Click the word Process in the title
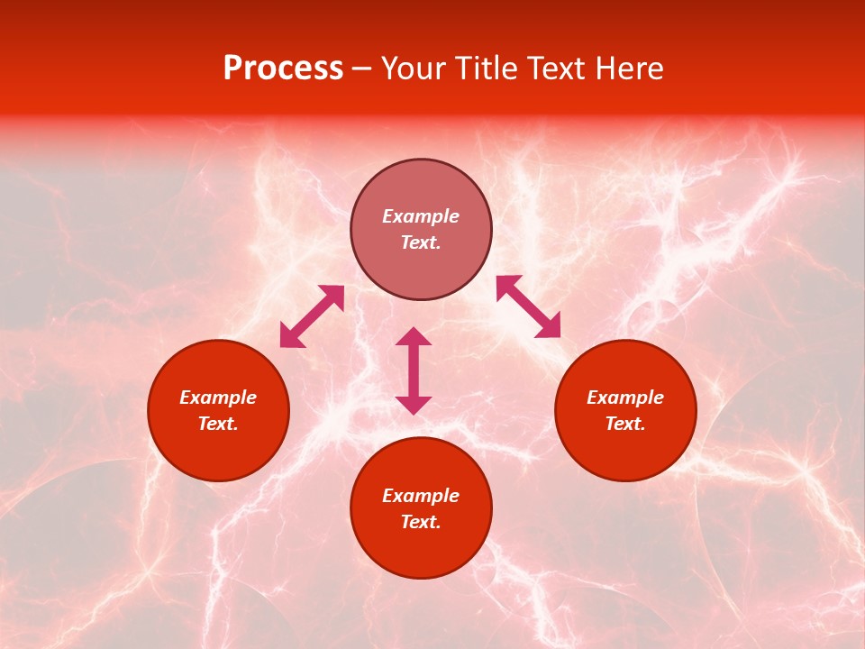click(283, 69)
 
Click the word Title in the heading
click(487, 69)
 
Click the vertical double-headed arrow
click(414, 370)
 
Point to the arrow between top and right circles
click(529, 306)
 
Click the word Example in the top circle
click(421, 216)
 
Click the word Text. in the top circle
click(421, 242)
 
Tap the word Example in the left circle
click(218, 398)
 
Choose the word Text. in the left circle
click(218, 424)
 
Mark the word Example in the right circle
click(625, 398)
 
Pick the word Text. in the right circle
click(625, 424)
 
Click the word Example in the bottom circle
click(421, 496)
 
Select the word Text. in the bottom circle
click(421, 522)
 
